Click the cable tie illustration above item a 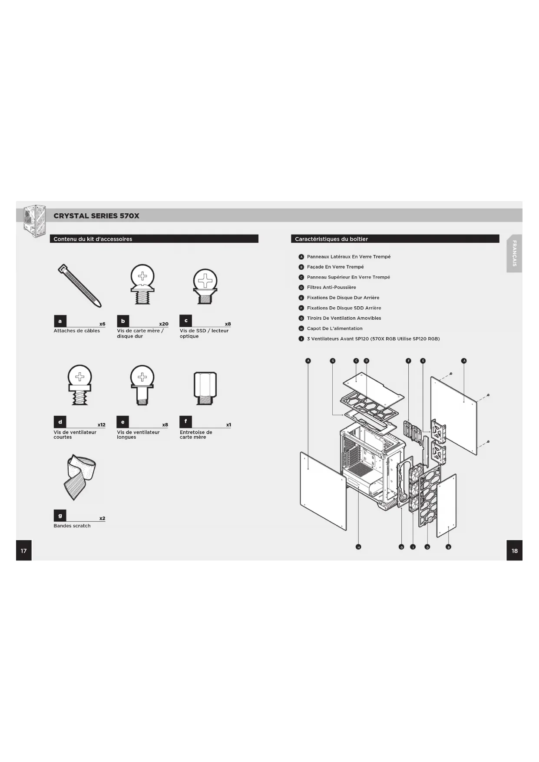pyautogui.click(x=80, y=285)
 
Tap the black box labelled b pyautogui.click(x=123, y=321)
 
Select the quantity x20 pyautogui.click(x=163, y=324)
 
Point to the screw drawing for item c pyautogui.click(x=205, y=286)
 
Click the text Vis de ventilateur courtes pyautogui.click(x=75, y=434)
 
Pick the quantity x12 pyautogui.click(x=101, y=425)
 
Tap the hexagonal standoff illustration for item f pyautogui.click(x=205, y=388)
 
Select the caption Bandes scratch pyautogui.click(x=72, y=526)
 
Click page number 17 pyautogui.click(x=24, y=550)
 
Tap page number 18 pyautogui.click(x=514, y=550)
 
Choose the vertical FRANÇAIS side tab pyautogui.click(x=514, y=253)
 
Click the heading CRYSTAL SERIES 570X pyautogui.click(x=96, y=216)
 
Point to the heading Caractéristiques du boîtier pyautogui.click(x=331, y=239)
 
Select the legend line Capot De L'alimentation pyautogui.click(x=334, y=328)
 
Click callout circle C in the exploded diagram pyautogui.click(x=356, y=361)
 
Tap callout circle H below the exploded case pyautogui.click(x=358, y=547)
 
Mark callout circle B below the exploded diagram pyautogui.click(x=449, y=547)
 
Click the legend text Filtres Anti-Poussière pyautogui.click(x=331, y=287)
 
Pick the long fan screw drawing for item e pyautogui.click(x=142, y=384)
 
